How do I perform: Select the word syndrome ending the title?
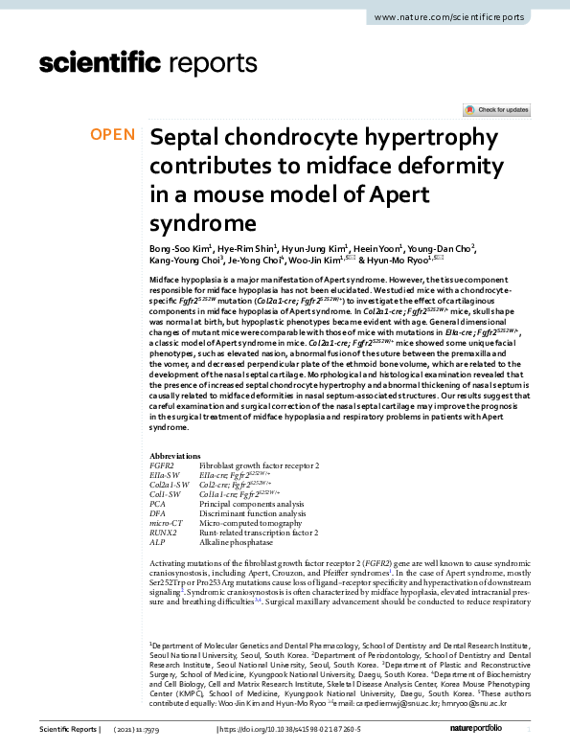click(x=198, y=223)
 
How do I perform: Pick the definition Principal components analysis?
click(x=251, y=504)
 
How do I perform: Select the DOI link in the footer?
click(x=299, y=731)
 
